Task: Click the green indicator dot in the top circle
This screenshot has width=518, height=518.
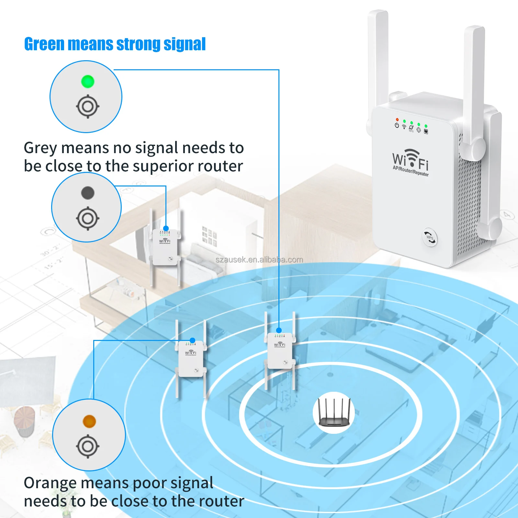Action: [x=87, y=82]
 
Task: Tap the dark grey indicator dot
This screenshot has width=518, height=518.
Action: [x=87, y=193]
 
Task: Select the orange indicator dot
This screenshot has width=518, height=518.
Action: [x=89, y=421]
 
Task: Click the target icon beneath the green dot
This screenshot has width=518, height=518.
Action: [x=87, y=107]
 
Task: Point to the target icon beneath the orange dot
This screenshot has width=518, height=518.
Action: [x=88, y=447]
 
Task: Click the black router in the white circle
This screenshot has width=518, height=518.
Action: [x=334, y=413]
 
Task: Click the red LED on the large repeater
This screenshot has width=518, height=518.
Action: [x=397, y=120]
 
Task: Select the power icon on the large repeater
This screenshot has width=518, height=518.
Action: [x=397, y=125]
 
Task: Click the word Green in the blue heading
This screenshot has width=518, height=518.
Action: [x=45, y=44]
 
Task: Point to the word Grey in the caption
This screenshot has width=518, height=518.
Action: [x=40, y=148]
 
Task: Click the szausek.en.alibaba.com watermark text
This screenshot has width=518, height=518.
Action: [x=259, y=260]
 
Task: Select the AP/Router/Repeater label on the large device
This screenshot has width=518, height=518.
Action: [x=411, y=171]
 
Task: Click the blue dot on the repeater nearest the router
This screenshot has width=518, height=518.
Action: [x=279, y=331]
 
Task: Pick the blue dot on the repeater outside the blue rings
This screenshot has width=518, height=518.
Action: [x=166, y=228]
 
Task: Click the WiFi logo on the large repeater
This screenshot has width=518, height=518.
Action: [x=411, y=159]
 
